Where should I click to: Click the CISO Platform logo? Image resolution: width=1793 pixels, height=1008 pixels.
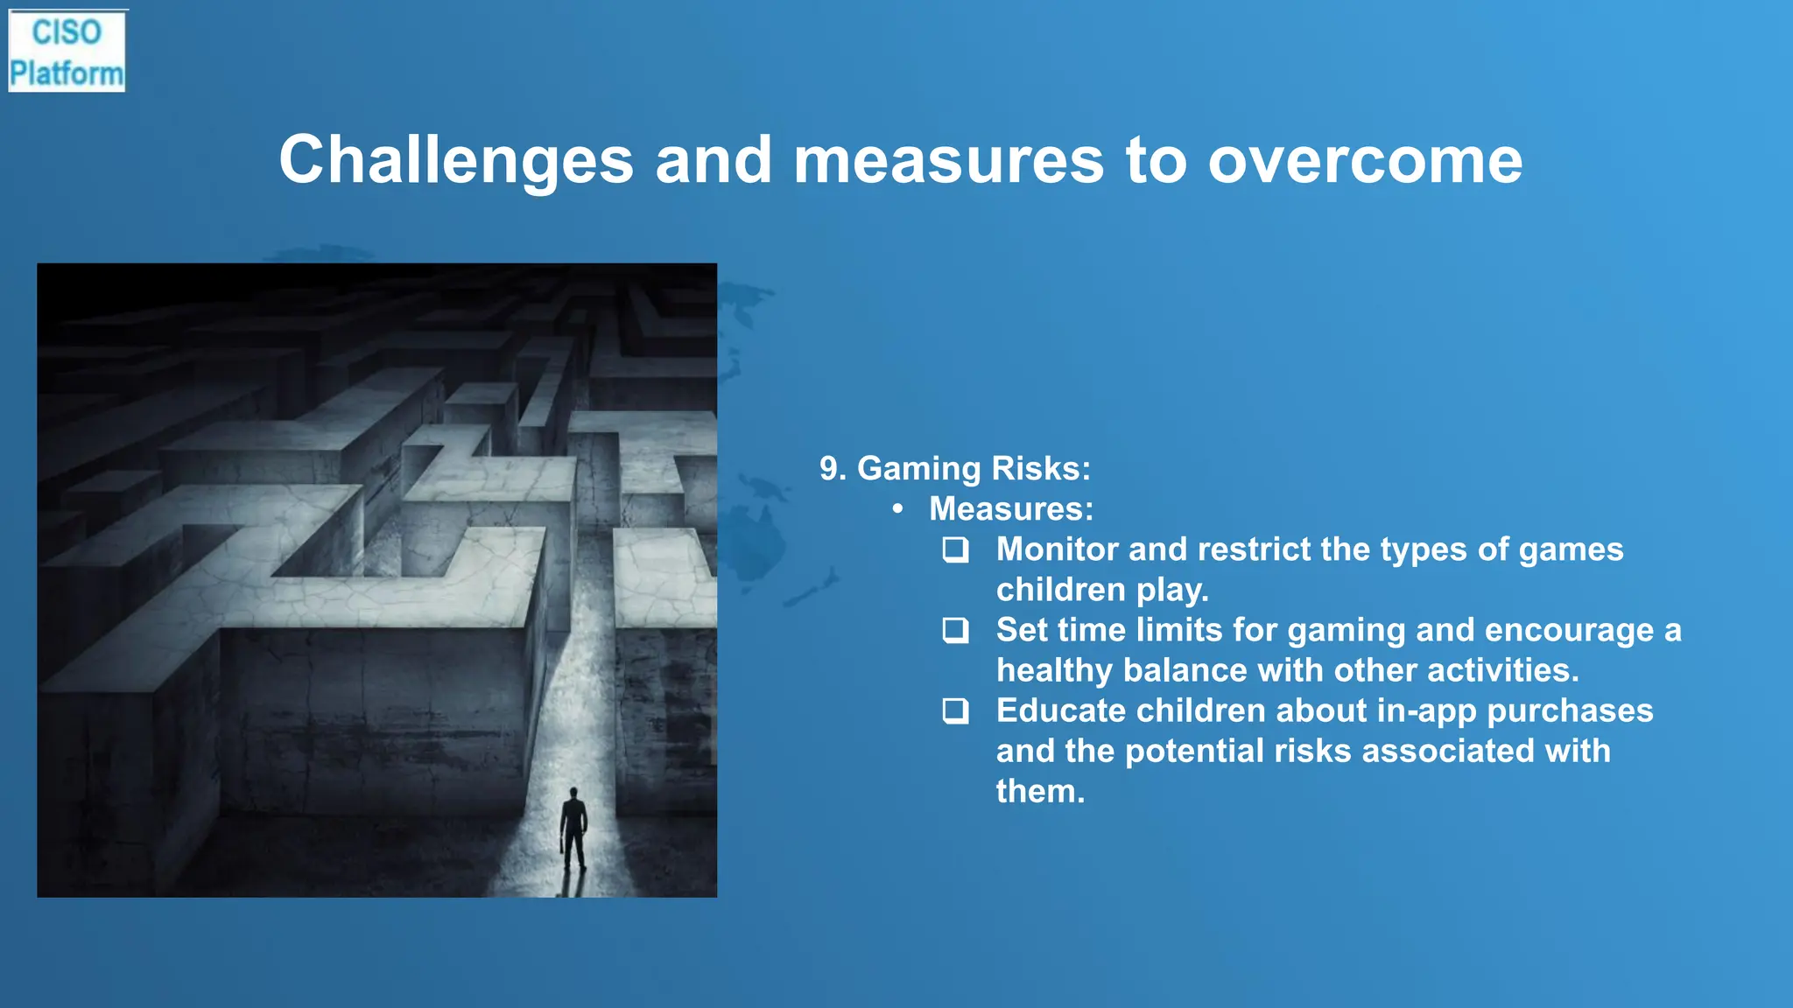click(67, 52)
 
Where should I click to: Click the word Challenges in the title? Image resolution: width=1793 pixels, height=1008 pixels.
click(455, 160)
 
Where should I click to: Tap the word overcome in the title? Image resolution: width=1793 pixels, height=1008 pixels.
click(1365, 160)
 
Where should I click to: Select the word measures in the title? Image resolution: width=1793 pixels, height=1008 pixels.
click(948, 160)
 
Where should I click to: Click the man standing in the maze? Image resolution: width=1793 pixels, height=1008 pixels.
click(573, 827)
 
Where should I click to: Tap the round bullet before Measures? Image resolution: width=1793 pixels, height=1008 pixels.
click(897, 509)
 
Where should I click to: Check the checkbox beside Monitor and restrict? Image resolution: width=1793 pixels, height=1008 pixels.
click(955, 549)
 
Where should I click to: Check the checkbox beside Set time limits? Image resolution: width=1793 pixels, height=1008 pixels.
click(955, 630)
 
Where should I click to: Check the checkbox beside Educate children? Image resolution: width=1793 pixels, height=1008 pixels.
click(955, 710)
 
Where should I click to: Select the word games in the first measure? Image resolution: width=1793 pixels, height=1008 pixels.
click(1571, 550)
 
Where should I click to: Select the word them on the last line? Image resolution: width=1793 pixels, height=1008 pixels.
click(1039, 791)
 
